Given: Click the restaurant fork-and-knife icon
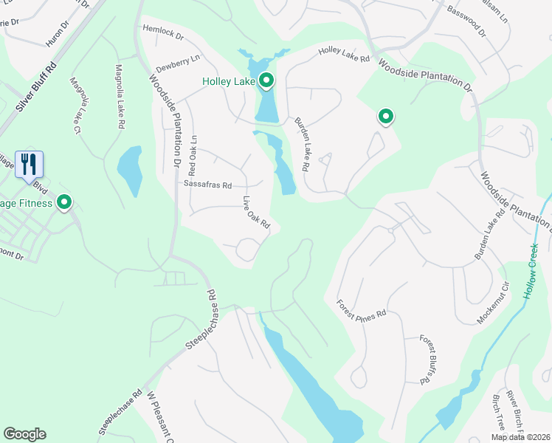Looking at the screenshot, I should [29, 164].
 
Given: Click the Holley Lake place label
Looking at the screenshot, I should [229, 81].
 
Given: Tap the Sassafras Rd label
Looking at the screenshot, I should [208, 185].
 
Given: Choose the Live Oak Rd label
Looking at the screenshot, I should [257, 212].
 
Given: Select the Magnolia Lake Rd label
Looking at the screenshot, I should [119, 97].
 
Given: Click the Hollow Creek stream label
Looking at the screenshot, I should [533, 270].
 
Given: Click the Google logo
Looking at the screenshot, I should [24, 434].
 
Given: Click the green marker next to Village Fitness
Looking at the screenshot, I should [64, 202].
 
